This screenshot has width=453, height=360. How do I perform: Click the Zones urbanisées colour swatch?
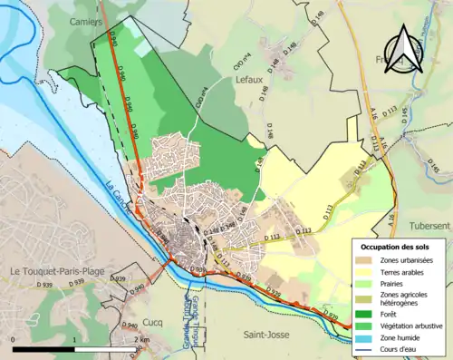click(x=363, y=260)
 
